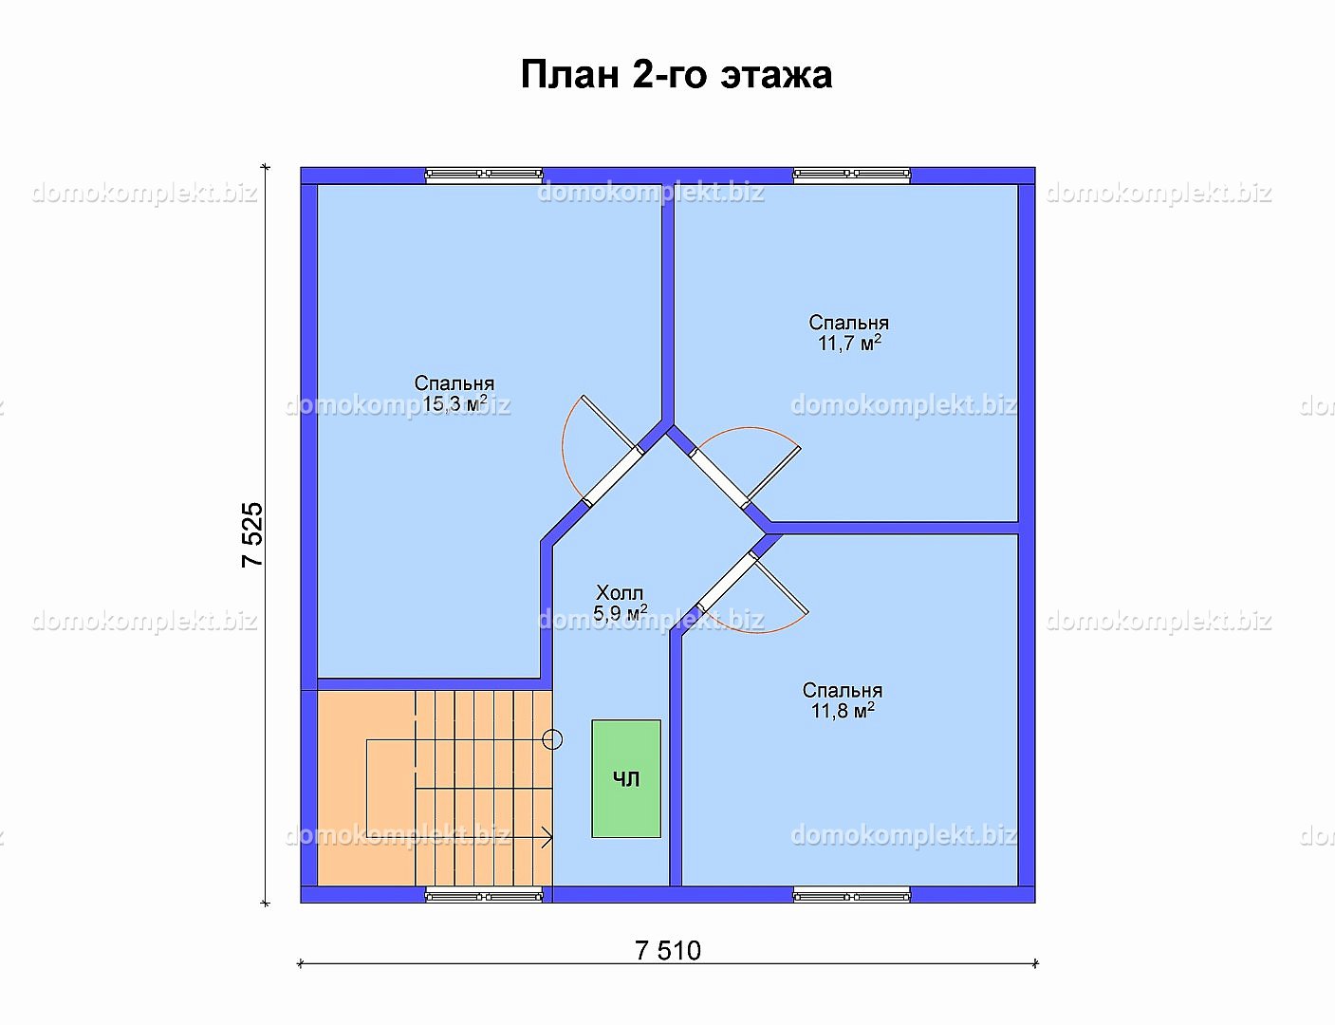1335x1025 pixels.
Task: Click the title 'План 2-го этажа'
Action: [677, 75]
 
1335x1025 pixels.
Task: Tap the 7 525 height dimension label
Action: [252, 534]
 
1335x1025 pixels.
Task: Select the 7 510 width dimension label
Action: [668, 951]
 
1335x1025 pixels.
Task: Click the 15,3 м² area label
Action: [454, 403]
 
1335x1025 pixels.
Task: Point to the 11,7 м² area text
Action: [849, 343]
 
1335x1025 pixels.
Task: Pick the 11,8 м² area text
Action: [843, 711]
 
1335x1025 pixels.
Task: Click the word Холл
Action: [620, 593]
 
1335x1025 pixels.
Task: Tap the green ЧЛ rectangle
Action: [626, 778]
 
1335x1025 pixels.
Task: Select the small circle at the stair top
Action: [553, 740]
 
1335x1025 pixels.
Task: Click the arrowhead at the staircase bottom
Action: [547, 837]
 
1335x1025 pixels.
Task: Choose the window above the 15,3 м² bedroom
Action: [484, 175]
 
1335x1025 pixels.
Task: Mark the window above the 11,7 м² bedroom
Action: [852, 175]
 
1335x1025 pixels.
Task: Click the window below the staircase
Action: [484, 896]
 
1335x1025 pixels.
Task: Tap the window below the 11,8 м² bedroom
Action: [852, 896]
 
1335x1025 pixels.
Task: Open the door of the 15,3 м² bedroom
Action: [613, 476]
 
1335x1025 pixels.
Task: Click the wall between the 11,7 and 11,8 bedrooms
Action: [894, 528]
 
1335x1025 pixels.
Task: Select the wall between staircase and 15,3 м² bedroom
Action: [429, 684]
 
